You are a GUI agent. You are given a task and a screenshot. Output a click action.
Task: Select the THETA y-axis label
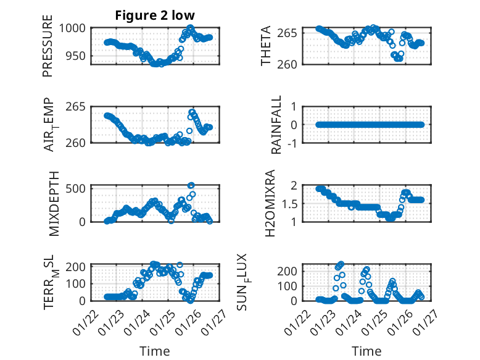click(265, 46)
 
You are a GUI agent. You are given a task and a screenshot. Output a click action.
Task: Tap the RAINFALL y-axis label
click(277, 125)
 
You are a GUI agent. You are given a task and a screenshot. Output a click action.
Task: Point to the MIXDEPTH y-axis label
click(54, 203)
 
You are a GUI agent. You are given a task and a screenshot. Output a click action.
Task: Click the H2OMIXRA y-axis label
click(270, 203)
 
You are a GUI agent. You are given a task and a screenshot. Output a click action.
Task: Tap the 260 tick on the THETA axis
click(292, 64)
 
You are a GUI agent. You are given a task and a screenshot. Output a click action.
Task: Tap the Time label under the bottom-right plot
click(366, 351)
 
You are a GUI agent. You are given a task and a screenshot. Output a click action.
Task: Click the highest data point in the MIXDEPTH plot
click(191, 185)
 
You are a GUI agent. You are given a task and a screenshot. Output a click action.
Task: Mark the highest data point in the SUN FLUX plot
click(341, 264)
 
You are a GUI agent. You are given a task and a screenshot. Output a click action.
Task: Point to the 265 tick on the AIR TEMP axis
click(77, 107)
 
